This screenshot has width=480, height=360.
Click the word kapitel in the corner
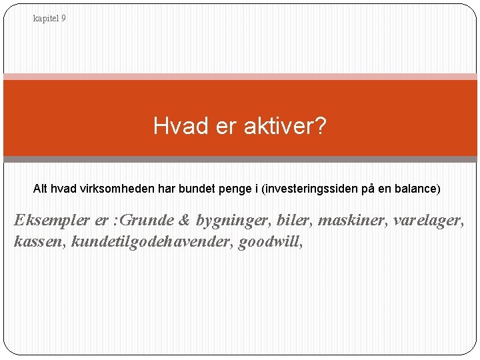click(46, 19)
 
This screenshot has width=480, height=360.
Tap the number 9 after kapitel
click(63, 19)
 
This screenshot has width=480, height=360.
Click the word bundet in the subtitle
click(194, 189)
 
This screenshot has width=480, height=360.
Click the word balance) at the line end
click(417, 189)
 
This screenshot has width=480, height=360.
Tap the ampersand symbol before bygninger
click(185, 221)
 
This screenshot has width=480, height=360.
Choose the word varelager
click(427, 221)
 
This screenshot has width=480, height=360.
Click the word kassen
click(39, 241)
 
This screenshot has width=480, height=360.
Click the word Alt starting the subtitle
click(41, 189)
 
